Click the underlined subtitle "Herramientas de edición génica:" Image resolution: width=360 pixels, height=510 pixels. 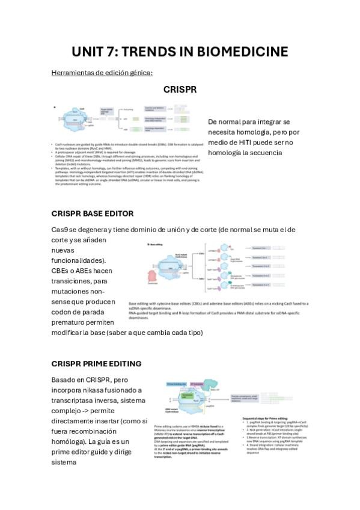point(102,73)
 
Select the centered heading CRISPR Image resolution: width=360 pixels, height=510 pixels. point(180,90)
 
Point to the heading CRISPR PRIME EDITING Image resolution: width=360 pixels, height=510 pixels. point(97,364)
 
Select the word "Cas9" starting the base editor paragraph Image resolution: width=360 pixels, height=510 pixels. point(60,230)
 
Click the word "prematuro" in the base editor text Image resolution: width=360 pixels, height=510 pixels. point(72,322)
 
